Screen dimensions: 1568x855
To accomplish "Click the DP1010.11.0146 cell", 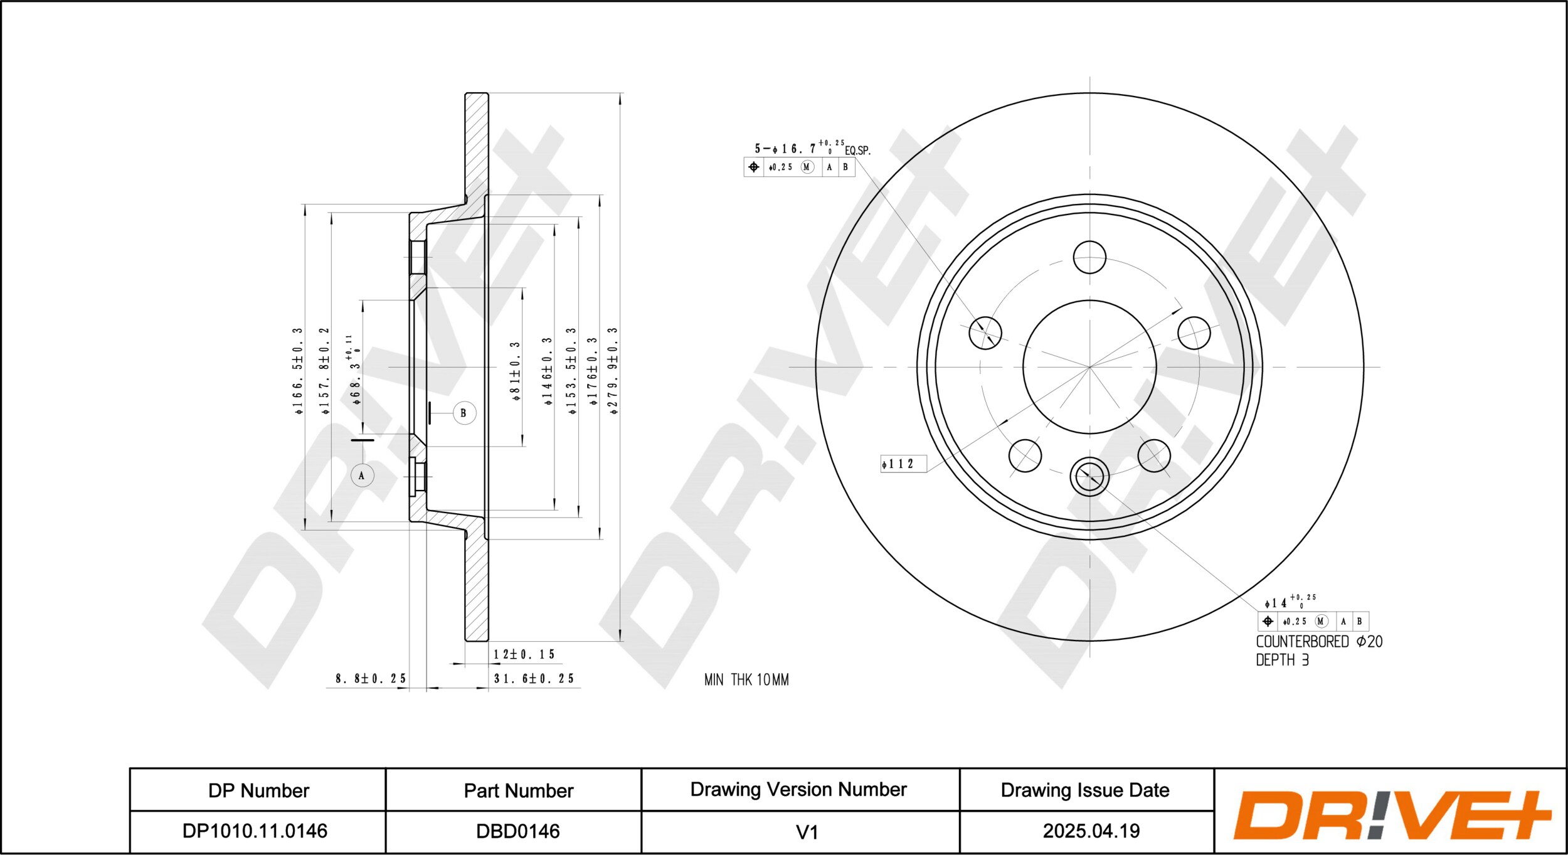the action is [255, 831].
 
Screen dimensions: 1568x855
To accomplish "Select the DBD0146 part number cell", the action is [518, 831].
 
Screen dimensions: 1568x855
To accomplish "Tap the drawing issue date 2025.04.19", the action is [1091, 831].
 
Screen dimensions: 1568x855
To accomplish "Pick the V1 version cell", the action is [807, 832].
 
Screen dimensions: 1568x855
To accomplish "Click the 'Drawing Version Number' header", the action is [798, 789].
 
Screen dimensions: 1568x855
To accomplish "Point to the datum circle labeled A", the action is [362, 475].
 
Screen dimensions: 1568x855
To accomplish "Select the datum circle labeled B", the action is [464, 413].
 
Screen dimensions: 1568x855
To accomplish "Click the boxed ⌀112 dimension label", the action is [903, 464].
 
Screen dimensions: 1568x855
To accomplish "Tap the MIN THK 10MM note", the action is [746, 680].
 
